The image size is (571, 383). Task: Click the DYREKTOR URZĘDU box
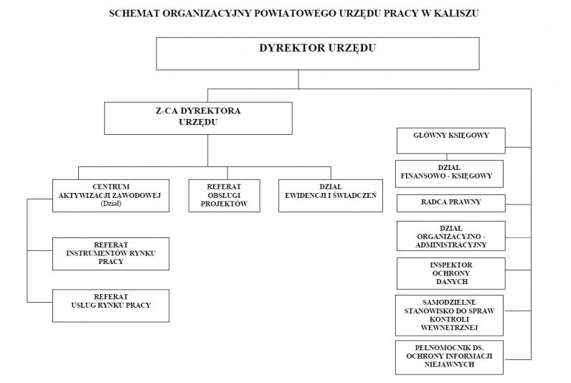318,54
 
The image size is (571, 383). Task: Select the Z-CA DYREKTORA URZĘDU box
198,118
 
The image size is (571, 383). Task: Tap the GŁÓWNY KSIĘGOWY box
450,141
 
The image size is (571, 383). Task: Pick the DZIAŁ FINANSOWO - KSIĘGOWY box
449,174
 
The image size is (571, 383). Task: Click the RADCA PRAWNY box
450,203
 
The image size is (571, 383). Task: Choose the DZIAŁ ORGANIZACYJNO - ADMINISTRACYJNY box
450,236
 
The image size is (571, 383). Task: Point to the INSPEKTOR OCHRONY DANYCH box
450,273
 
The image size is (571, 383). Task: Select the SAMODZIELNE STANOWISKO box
449,316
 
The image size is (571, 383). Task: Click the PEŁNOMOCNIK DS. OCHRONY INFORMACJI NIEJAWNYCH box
449,357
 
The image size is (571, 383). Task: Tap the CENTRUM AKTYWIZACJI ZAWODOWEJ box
110,196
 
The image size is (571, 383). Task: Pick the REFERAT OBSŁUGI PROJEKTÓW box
225,196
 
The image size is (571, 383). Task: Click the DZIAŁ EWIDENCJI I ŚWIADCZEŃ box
331,196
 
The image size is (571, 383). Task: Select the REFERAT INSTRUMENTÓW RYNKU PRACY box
110,254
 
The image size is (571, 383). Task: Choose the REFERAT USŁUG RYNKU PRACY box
110,306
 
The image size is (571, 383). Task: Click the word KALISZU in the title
456,14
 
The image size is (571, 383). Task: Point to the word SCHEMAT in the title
133,14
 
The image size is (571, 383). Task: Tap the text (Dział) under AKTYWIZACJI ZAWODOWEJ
111,204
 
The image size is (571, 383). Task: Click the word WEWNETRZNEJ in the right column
449,328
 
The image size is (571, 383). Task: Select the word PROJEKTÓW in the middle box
224,204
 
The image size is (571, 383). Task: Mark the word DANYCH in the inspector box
451,281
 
